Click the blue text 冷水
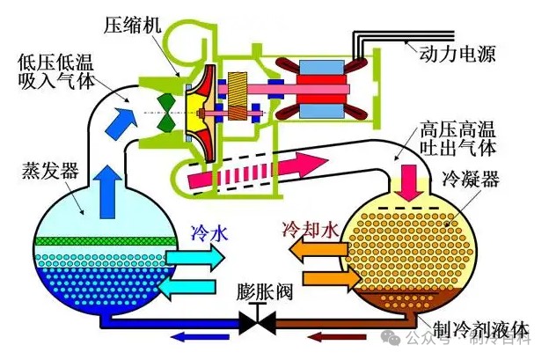pyautogui.click(x=209, y=233)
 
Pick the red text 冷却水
pyautogui.click(x=309, y=231)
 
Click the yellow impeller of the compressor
pyautogui.click(x=201, y=97)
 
